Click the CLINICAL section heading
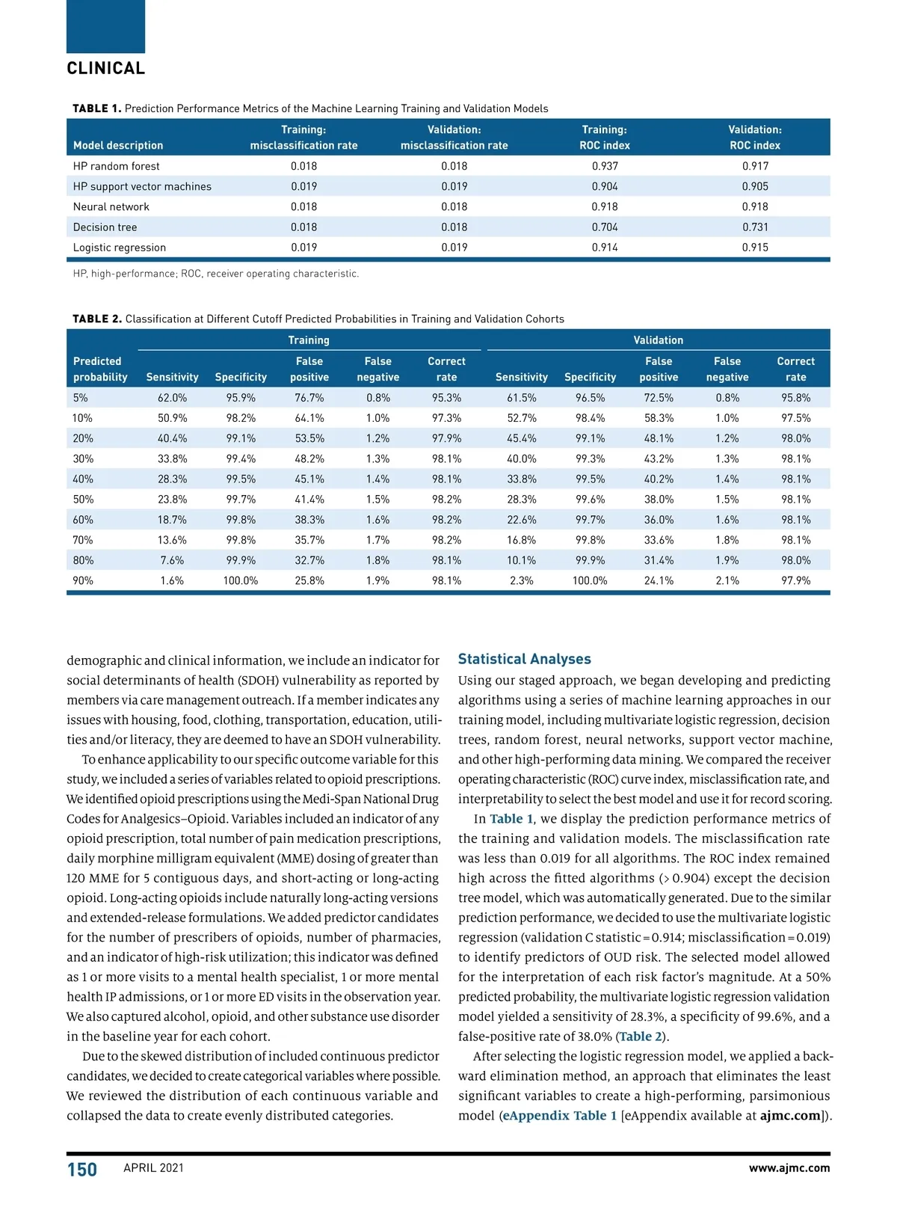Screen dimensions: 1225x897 coord(105,68)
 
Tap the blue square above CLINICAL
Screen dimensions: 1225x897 coord(105,26)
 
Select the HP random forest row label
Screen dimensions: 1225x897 coord(116,166)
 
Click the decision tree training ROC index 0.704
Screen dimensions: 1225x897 coord(605,227)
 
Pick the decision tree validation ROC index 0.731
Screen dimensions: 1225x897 coord(755,227)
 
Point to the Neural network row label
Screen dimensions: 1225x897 coord(111,207)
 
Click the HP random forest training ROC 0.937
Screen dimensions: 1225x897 coord(605,166)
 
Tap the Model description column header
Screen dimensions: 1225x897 coord(117,146)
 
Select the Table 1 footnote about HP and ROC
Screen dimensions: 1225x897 coord(215,274)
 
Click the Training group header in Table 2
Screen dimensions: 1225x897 coord(309,340)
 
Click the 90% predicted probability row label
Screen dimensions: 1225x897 coord(83,581)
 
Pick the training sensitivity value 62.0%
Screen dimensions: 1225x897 coord(172,398)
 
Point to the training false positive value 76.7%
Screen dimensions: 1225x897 coord(309,398)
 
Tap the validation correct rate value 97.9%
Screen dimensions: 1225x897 coord(795,581)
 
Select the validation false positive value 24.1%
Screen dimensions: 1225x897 coord(659,581)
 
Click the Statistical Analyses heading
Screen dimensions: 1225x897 coord(524,659)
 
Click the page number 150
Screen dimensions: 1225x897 coord(82,1170)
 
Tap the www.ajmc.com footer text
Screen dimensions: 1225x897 coord(789,1168)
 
